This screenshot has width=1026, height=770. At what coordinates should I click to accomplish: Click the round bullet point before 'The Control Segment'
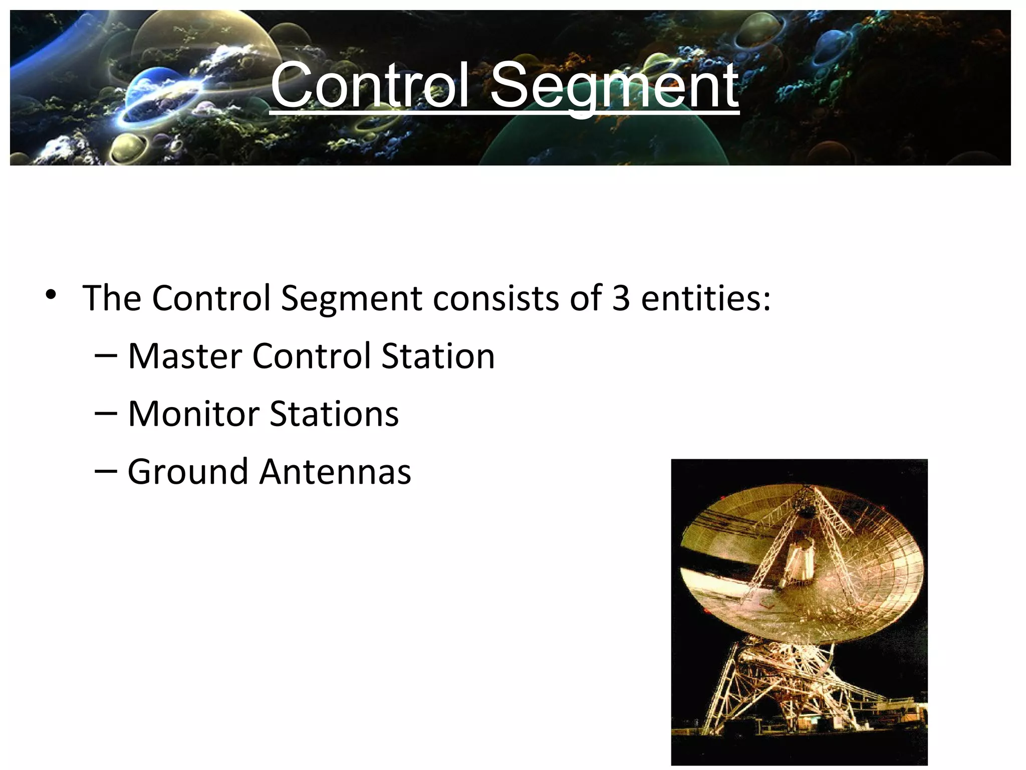50,295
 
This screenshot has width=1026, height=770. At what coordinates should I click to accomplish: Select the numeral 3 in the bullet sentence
621,298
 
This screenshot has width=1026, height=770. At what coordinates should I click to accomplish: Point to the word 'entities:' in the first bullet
705,298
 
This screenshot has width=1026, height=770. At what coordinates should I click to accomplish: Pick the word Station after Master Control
438,356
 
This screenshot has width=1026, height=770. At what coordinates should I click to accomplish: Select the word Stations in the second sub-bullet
334,414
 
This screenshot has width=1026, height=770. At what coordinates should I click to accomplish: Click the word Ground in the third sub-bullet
188,472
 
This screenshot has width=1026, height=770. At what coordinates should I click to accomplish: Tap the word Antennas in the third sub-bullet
335,472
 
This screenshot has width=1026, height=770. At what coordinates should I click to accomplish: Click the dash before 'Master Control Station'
106,356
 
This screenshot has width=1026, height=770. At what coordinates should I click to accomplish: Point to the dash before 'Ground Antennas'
106,472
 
